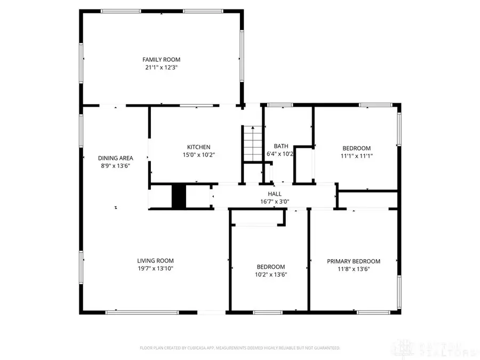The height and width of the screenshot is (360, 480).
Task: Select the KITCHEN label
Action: [x=198, y=147]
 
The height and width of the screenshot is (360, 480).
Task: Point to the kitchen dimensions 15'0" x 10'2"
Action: [x=198, y=155]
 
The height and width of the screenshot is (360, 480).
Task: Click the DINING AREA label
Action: [x=115, y=158]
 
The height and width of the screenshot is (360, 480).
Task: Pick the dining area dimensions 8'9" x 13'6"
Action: [x=115, y=166]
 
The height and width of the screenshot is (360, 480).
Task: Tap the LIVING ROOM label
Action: [x=155, y=261]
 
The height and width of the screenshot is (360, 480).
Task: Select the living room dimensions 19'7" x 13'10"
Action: [x=155, y=269]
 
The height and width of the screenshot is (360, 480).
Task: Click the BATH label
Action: [x=281, y=146]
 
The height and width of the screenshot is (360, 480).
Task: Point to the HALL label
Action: [x=275, y=194]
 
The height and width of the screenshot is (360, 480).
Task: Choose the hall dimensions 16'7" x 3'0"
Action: [x=275, y=202]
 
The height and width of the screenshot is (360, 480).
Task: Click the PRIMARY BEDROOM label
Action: [x=354, y=261]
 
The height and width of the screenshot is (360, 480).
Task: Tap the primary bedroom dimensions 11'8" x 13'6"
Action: [x=354, y=269]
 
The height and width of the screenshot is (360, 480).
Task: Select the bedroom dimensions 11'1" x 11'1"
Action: [x=356, y=156]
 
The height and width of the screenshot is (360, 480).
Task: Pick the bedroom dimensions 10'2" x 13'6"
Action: [x=270, y=275]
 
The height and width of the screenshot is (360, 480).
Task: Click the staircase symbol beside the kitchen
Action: [x=253, y=142]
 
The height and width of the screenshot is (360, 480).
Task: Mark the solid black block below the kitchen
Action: [x=178, y=196]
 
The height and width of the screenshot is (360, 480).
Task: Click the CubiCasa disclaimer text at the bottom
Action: [x=239, y=348]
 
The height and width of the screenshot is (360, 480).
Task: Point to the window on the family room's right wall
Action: [x=242, y=55]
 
